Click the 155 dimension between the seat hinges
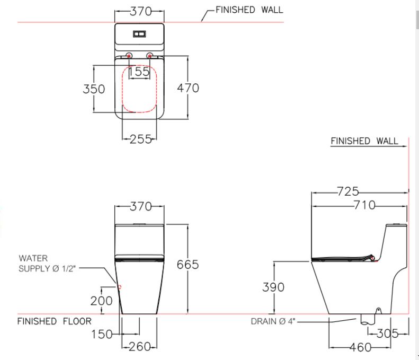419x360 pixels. coord(139,72)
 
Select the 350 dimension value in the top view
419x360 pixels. coord(94,89)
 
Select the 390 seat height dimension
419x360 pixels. coord(273,287)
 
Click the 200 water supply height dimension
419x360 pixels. coord(101,301)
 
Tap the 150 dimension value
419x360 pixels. coord(102,334)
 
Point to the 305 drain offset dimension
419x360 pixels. coord(388,333)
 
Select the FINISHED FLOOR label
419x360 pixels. coord(55,321)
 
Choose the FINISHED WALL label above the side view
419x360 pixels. coord(364,141)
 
